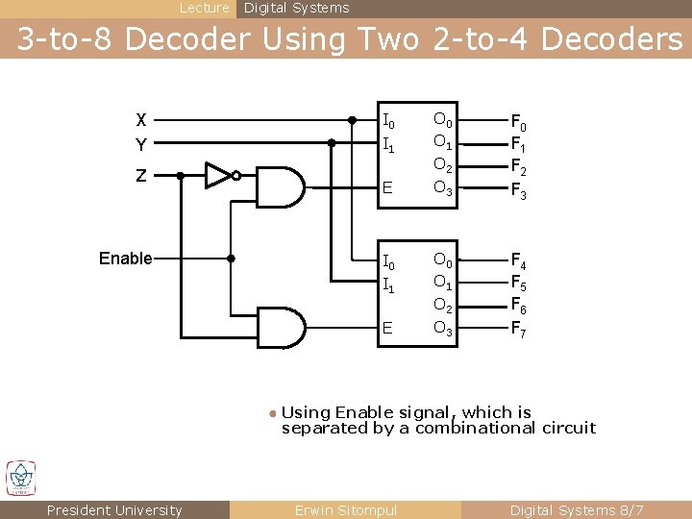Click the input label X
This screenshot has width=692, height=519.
pos(141,121)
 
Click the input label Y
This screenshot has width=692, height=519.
pos(141,145)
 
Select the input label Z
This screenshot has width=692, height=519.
pos(141,176)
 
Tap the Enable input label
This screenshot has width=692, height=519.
pos(126,259)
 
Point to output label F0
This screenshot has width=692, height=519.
pos(517,123)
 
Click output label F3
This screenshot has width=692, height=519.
pos(517,189)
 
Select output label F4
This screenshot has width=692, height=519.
pos(517,260)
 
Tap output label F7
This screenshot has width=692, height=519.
pos(517,330)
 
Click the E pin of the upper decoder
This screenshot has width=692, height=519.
pos(387,187)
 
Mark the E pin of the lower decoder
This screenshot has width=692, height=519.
pos(387,328)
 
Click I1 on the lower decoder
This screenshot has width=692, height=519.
pos(388,284)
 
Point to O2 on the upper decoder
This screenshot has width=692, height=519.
pos(442,166)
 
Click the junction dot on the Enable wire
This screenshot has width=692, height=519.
pos(231,259)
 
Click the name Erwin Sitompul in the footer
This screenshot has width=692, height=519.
pos(345,510)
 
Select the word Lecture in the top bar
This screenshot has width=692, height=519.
pos(205,8)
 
